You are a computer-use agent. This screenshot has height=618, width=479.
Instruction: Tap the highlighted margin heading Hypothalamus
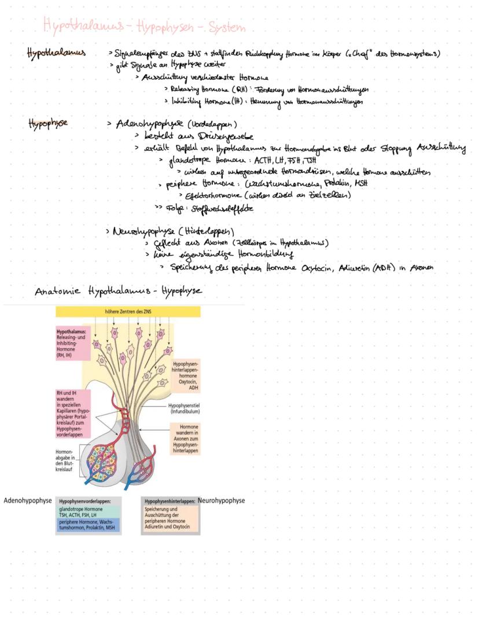[x=56, y=53]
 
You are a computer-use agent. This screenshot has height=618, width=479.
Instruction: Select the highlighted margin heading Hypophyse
[x=48, y=123]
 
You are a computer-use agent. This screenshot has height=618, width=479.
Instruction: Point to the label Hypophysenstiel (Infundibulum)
[x=185, y=409]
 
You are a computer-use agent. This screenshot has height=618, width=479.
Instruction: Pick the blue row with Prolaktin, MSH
[x=88, y=525]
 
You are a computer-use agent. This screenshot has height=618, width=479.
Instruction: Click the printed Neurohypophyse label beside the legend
[x=221, y=501]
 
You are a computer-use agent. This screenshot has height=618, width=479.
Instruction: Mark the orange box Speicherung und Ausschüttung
[x=170, y=519]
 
